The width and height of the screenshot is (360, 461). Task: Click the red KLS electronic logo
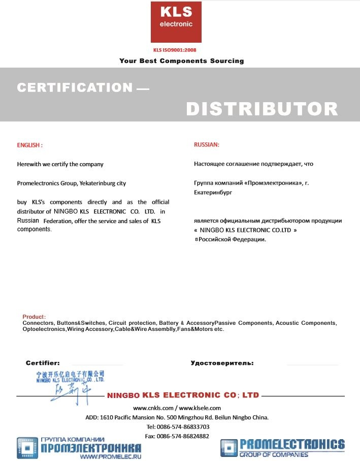[x=176, y=22]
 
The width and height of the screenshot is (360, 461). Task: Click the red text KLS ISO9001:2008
[x=175, y=50]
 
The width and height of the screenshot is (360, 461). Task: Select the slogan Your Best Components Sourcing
[x=181, y=61]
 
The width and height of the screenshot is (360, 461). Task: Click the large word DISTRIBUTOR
[x=261, y=108]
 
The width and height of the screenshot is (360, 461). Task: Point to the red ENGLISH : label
[x=30, y=145]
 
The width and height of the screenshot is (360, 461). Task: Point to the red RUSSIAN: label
[x=207, y=144]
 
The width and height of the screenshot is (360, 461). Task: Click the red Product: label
[x=34, y=317]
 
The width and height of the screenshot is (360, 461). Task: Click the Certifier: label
[x=43, y=363]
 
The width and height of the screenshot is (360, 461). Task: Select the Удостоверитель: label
[x=222, y=363]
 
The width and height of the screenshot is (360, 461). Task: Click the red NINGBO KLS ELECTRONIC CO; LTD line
[x=183, y=395]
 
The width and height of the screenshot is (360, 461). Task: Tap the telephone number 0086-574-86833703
[x=185, y=426]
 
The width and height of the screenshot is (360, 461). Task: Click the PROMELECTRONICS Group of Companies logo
[x=282, y=448]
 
